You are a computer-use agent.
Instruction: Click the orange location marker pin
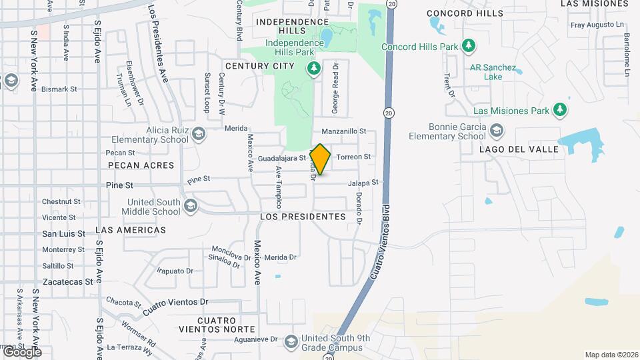click(x=321, y=159)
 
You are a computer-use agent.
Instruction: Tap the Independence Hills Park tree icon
click(x=313, y=68)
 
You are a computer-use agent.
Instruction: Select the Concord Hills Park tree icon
click(x=469, y=45)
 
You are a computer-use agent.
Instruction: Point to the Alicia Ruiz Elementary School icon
click(x=198, y=134)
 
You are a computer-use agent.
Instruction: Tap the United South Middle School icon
click(x=191, y=205)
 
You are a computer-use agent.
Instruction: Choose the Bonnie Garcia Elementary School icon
click(x=495, y=130)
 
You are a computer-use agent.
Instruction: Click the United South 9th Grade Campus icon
click(x=291, y=342)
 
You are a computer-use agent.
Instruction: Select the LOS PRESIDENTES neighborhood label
click(x=303, y=217)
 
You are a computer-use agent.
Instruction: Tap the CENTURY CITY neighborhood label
click(x=259, y=66)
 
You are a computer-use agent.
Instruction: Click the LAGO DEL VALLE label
click(x=519, y=149)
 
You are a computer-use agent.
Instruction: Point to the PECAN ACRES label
click(x=141, y=165)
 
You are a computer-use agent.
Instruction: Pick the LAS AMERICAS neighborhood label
click(x=131, y=229)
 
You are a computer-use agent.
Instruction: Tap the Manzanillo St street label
click(x=344, y=132)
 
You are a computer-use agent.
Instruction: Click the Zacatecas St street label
click(x=67, y=282)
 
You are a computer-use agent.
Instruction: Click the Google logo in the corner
click(x=23, y=352)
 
